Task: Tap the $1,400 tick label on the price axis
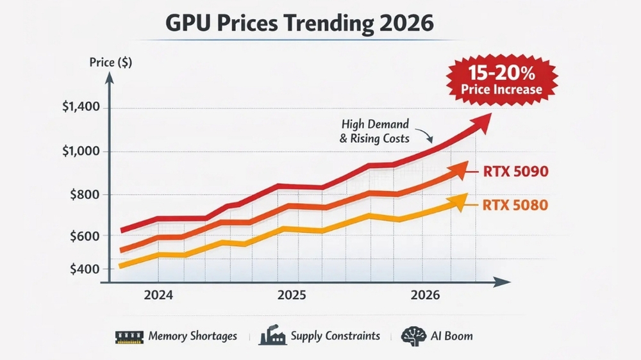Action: tap(81, 108)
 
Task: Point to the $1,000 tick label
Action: tap(81, 152)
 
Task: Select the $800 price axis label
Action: tap(84, 195)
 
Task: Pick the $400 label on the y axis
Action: tap(84, 268)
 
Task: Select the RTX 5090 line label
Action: tap(515, 172)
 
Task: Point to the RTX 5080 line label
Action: tap(515, 206)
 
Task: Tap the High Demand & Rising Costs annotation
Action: tap(375, 131)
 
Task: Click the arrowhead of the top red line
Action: tap(482, 120)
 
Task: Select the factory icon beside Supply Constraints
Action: tap(272, 336)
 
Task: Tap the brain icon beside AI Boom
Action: tap(410, 336)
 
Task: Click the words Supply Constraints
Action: tap(335, 336)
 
